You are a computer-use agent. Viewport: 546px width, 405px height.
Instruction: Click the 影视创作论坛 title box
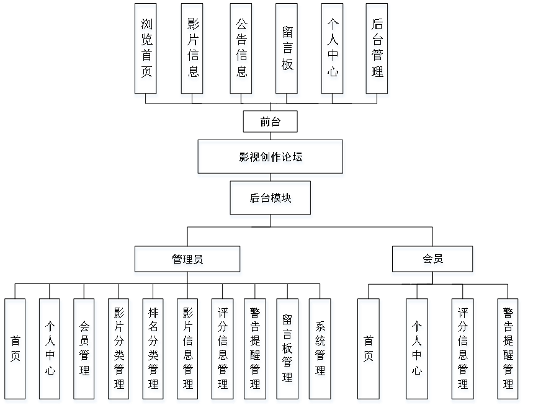271,159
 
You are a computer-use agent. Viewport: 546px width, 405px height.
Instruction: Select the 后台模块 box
271,200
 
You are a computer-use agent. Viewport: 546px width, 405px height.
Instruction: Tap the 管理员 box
187,261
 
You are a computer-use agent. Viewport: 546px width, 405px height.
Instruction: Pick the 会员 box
432,261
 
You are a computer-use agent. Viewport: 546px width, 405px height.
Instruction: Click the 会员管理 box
85,351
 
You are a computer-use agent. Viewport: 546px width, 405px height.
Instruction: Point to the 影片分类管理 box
119,351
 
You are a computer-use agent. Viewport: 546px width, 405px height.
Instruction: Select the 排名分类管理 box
153,351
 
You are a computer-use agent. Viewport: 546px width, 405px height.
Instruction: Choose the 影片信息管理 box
188,351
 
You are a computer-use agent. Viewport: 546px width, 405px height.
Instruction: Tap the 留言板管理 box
288,351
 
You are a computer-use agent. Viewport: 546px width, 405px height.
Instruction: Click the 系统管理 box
321,351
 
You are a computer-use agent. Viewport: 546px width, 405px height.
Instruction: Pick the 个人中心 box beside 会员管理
50,351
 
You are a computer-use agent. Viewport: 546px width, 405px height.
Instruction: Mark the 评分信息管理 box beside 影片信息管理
223,351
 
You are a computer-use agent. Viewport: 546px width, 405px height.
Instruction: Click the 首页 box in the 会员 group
369,351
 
